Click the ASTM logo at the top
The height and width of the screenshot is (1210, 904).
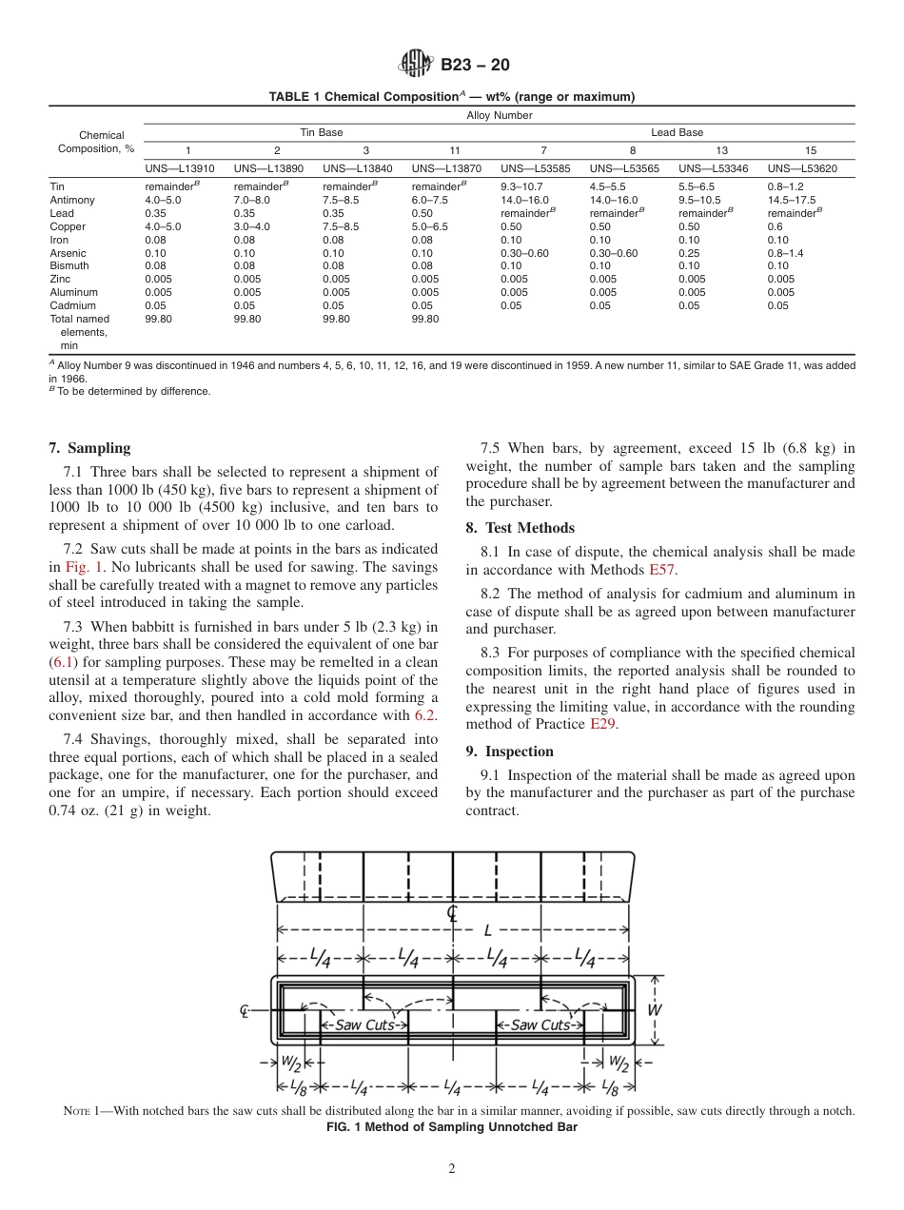point(416,65)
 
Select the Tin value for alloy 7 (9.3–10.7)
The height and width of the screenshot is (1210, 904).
point(521,187)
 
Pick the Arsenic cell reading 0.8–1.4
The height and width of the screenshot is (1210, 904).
point(785,253)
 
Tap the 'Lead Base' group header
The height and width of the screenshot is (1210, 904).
point(677,132)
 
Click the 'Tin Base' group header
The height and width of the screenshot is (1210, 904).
point(321,132)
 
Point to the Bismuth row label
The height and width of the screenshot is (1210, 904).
point(69,266)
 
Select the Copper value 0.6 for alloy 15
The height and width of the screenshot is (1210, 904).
point(775,227)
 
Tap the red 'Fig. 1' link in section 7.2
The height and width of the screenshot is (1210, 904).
point(84,567)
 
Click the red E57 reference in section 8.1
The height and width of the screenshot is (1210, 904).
point(661,570)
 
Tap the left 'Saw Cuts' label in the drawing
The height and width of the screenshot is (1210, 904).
point(364,1025)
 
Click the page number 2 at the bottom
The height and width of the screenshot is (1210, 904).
point(452,1169)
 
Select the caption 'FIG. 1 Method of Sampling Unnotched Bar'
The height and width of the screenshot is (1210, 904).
point(452,1126)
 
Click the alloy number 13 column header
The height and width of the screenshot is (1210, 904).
point(721,150)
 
